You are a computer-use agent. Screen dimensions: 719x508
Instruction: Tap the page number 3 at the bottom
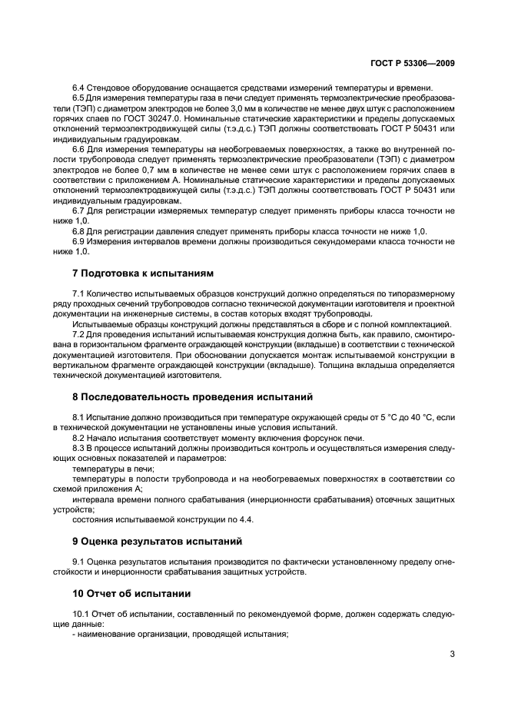(453, 654)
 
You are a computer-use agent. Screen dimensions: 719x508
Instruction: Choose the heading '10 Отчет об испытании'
(131, 594)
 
